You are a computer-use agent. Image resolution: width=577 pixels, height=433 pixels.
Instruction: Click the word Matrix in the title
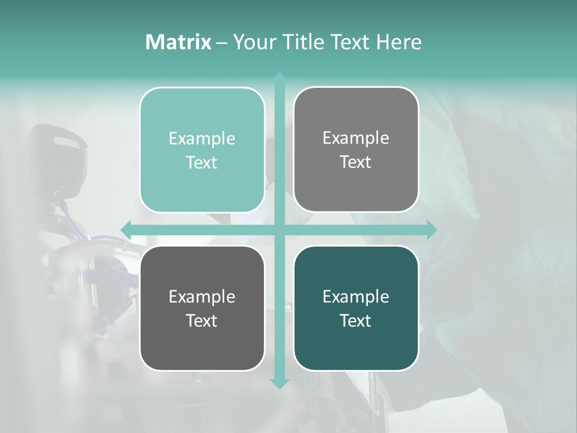178,42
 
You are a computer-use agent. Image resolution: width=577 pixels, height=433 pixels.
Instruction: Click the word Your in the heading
252,42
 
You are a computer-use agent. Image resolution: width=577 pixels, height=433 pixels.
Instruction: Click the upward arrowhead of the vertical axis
279,78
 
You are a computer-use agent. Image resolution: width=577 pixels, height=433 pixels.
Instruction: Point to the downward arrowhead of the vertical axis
279,384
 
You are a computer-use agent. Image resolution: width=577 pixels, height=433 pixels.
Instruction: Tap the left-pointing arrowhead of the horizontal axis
126,230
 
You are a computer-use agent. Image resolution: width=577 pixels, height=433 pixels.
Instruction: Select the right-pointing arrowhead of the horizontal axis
432,230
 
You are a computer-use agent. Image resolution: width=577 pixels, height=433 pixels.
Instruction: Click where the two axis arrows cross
279,230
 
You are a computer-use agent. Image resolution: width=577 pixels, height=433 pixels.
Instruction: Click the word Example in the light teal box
202,138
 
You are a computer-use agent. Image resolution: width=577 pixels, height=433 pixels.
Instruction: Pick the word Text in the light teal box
202,162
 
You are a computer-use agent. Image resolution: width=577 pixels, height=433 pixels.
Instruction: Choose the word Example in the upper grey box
356,138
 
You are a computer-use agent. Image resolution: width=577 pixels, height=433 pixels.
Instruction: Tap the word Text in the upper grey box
356,162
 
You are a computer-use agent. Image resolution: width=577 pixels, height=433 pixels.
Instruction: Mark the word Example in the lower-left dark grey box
202,296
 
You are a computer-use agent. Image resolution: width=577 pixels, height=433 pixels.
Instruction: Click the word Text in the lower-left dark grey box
202,321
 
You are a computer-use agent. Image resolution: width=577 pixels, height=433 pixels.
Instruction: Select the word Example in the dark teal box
356,296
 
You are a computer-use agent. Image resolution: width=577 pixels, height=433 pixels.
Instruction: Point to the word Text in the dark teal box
356,321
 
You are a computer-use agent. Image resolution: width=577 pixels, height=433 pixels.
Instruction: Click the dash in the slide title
222,43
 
